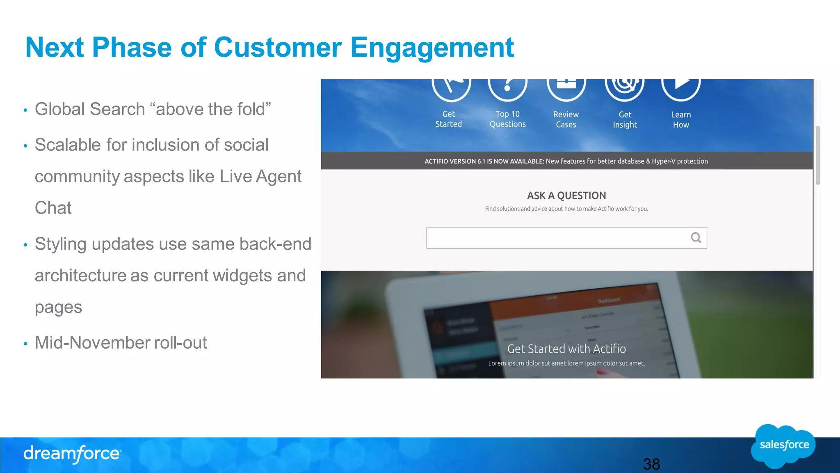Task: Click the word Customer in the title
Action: (x=278, y=48)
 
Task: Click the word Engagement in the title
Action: (x=431, y=48)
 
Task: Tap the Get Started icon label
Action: (x=448, y=119)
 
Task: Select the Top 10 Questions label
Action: (x=507, y=119)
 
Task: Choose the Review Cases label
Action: (x=566, y=119)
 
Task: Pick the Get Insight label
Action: (x=625, y=119)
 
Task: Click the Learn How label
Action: (x=681, y=119)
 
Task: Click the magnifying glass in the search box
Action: (x=696, y=238)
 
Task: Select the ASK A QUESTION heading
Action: (x=566, y=195)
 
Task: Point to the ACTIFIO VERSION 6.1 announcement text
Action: (x=566, y=161)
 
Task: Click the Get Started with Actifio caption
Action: (x=566, y=349)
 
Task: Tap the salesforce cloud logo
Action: (x=784, y=445)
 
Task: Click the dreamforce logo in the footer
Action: (x=72, y=454)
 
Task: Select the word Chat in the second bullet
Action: (x=53, y=208)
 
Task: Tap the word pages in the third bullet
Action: (x=58, y=308)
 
